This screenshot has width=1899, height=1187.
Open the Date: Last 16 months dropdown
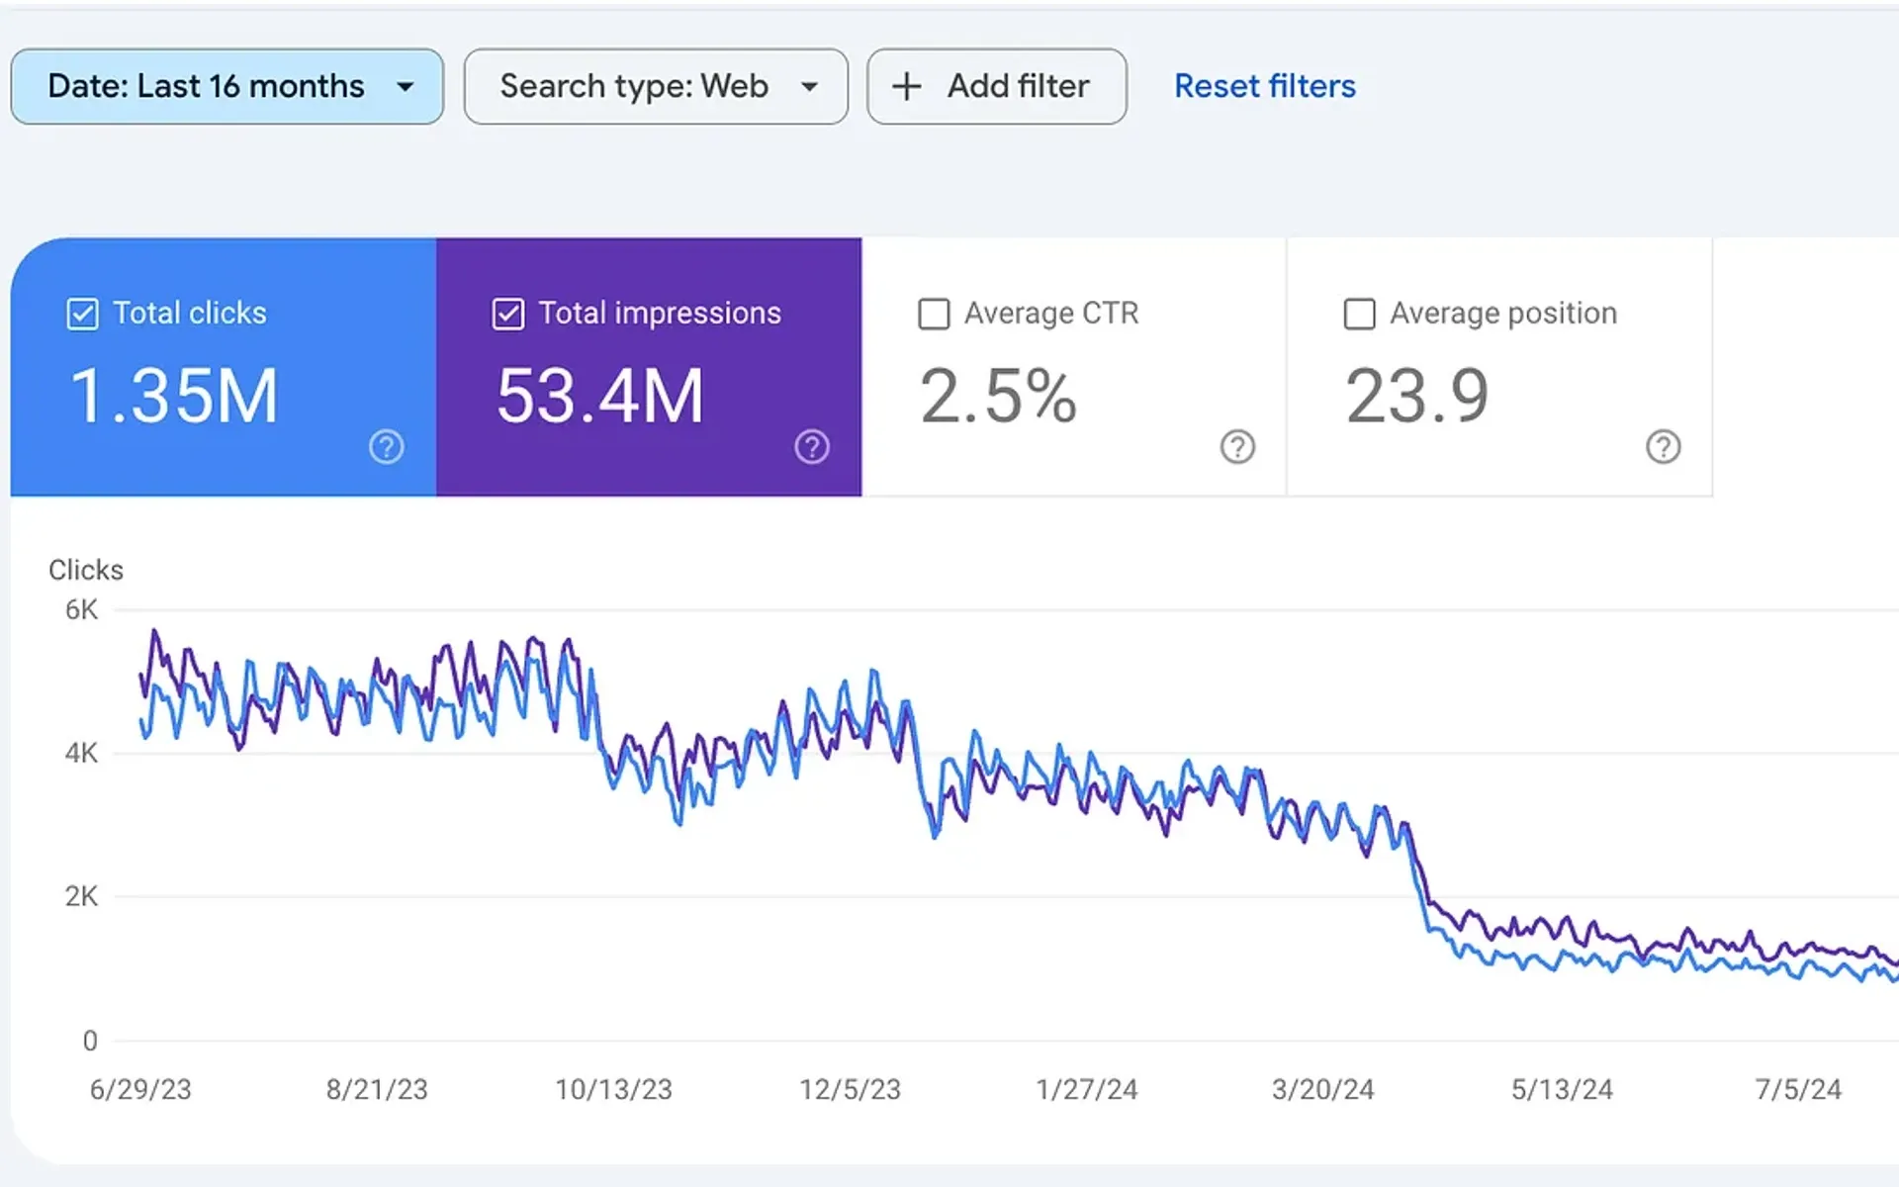(x=226, y=87)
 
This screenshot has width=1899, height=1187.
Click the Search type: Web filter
(x=655, y=87)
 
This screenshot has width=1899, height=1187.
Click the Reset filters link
(x=1264, y=87)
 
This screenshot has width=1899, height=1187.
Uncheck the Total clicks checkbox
(x=82, y=315)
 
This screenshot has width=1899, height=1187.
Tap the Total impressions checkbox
(x=507, y=315)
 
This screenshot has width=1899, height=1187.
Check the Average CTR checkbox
(x=934, y=315)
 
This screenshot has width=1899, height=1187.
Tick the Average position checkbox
(x=1359, y=315)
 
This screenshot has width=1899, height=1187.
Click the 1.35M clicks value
(x=174, y=397)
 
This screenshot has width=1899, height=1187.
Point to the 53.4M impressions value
(x=599, y=397)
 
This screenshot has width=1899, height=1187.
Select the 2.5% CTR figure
(x=997, y=397)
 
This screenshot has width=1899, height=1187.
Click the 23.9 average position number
(x=1416, y=397)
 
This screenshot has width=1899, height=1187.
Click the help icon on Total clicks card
(x=386, y=447)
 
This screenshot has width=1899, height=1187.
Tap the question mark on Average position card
(x=1663, y=447)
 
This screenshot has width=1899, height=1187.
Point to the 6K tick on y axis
(x=81, y=610)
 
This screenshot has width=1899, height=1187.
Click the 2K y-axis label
(x=81, y=897)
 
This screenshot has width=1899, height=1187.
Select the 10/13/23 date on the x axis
(x=613, y=1090)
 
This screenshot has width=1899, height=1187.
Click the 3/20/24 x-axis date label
(x=1322, y=1090)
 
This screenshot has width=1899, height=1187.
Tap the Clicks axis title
(x=86, y=571)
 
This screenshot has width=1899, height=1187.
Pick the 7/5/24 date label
(x=1797, y=1090)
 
